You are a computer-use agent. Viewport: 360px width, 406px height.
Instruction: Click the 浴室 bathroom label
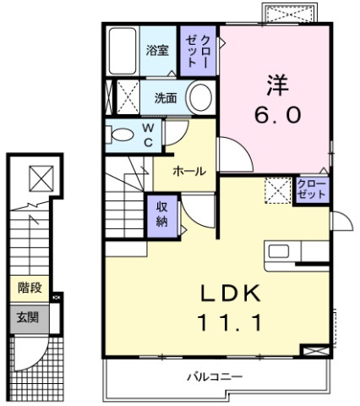click(x=157, y=51)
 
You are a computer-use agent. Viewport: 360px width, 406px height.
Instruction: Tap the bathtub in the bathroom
click(x=123, y=51)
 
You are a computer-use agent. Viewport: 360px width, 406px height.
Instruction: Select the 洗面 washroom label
click(x=166, y=98)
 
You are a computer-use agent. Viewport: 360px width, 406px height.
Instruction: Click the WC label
click(x=148, y=135)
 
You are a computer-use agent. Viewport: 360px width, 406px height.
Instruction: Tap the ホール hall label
click(x=189, y=172)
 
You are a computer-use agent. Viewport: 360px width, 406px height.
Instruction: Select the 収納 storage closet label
click(x=161, y=215)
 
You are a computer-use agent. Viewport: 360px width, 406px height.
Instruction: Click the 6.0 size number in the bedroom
click(x=278, y=115)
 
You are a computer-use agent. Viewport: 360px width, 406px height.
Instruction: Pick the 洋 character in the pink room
click(x=278, y=85)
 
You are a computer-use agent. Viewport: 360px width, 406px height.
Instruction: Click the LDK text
click(x=231, y=294)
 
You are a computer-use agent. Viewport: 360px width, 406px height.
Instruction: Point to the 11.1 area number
click(x=230, y=322)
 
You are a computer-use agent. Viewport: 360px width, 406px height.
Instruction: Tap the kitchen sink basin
click(x=278, y=251)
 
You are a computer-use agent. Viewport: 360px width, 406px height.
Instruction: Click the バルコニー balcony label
click(x=215, y=376)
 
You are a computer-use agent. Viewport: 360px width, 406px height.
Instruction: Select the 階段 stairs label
click(x=30, y=288)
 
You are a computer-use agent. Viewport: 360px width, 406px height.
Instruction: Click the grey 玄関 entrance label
click(x=27, y=318)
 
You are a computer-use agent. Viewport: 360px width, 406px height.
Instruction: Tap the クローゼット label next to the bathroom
click(x=198, y=51)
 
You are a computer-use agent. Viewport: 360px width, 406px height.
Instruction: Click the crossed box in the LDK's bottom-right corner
click(x=315, y=351)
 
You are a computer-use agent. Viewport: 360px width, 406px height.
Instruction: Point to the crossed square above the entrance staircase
click(x=41, y=178)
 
